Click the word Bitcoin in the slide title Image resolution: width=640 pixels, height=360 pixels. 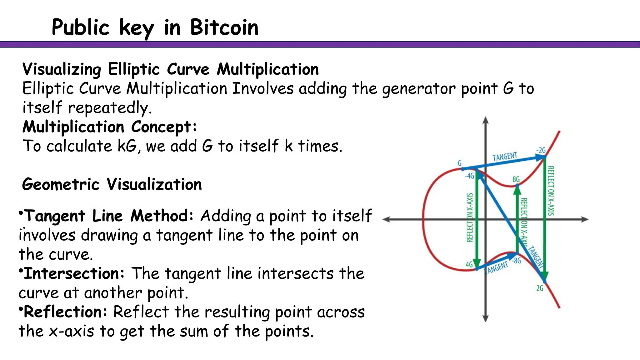coord(224,27)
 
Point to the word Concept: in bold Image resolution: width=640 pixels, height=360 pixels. coord(164,127)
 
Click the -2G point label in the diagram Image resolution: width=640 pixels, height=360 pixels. coord(541,150)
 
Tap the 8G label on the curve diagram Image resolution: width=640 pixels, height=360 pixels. coord(516,179)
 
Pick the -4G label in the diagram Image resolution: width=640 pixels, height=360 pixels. coord(469,176)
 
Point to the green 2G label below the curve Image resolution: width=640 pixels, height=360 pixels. coord(540,288)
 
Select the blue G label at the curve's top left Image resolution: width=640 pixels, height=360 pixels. coord(460,163)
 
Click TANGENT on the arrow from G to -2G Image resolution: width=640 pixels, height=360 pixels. coord(505,157)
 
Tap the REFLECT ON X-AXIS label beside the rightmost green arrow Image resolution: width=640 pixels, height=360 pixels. coord(551,191)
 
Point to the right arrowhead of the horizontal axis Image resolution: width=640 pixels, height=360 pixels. coord(585,219)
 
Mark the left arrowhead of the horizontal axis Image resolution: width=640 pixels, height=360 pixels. coord(386,219)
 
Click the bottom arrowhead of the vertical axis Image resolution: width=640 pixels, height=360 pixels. coord(485,318)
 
